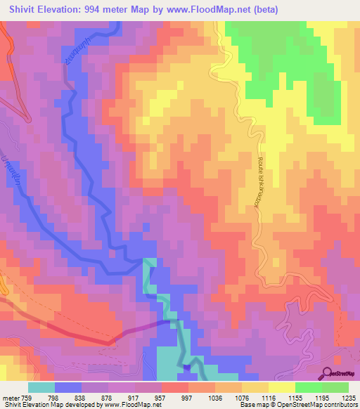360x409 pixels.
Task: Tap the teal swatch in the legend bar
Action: tap(41, 387)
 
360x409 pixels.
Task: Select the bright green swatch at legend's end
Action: tap(335, 387)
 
